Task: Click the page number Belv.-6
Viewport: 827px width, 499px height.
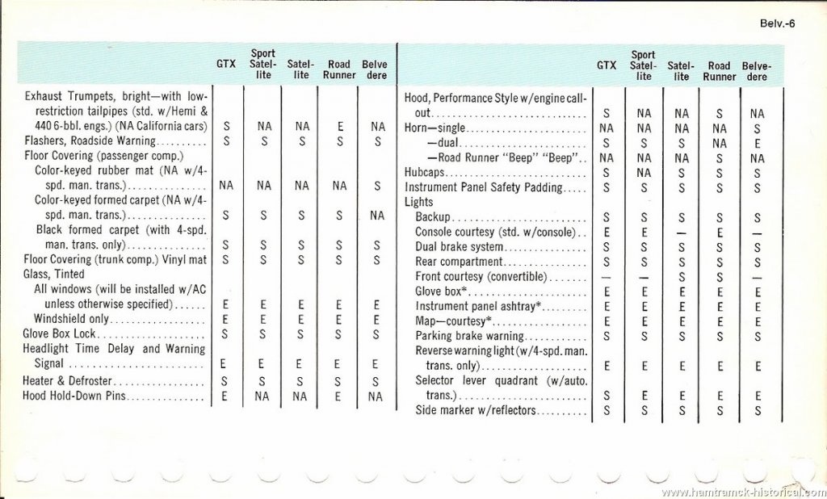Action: pos(778,23)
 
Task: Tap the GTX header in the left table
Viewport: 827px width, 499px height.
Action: pos(226,65)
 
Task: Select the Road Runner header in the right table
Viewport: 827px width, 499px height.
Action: pos(719,71)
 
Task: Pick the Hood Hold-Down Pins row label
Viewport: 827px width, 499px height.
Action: pos(76,396)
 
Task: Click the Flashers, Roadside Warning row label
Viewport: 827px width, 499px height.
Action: pos(78,141)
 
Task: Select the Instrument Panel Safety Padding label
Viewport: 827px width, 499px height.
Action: pos(483,187)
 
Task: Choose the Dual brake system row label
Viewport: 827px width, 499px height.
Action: pos(459,247)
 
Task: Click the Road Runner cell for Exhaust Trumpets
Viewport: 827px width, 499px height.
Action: pos(340,127)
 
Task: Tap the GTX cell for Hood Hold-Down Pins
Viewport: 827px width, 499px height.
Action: pos(226,396)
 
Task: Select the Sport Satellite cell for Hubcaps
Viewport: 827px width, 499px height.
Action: pos(644,172)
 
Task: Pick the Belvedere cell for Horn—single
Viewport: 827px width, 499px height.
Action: pos(757,128)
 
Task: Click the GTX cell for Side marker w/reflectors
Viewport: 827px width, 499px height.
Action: pos(606,410)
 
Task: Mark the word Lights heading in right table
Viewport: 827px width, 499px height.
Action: pos(419,202)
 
